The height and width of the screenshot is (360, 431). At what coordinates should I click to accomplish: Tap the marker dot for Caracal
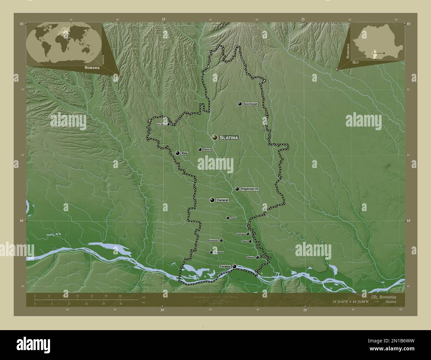pyautogui.click(x=212, y=200)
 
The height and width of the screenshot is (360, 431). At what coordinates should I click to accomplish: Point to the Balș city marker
pyautogui.click(x=178, y=153)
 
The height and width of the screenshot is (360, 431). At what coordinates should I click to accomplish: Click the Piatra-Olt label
pyautogui.click(x=208, y=150)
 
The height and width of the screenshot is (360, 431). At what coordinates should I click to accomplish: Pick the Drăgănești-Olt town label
pyautogui.click(x=250, y=189)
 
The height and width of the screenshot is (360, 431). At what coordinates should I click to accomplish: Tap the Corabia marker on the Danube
pyautogui.click(x=234, y=266)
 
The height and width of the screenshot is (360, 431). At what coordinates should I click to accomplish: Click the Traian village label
pyautogui.click(x=233, y=218)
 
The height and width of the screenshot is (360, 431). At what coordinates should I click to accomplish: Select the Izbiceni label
pyautogui.click(x=250, y=257)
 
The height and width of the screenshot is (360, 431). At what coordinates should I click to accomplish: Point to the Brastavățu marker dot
pyautogui.click(x=221, y=240)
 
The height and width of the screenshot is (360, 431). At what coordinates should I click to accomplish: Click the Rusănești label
pyautogui.click(x=240, y=234)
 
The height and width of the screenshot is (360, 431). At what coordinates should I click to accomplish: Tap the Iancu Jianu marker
pyautogui.click(x=168, y=125)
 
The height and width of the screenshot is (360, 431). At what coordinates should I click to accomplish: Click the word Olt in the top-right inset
pyautogui.click(x=356, y=62)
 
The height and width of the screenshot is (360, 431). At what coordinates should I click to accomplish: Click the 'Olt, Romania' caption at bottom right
pyautogui.click(x=384, y=296)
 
